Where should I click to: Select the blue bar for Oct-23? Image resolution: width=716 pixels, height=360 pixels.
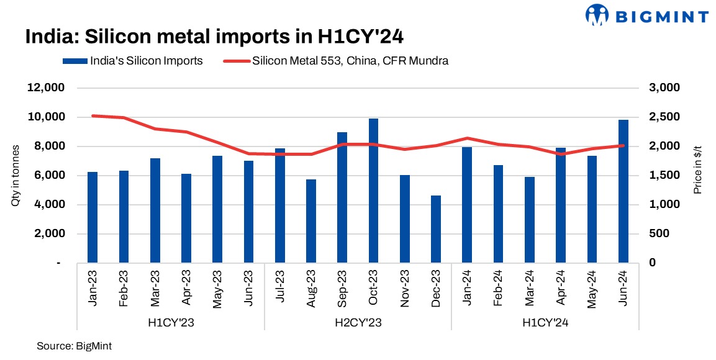tap(373, 191)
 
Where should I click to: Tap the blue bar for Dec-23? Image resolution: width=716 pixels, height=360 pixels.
tap(436, 229)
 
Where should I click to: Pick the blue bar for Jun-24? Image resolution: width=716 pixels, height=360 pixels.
tap(623, 191)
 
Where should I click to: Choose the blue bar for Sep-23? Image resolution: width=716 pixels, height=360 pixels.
tap(342, 197)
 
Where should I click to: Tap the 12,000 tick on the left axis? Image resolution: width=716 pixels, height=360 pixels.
tap(47, 88)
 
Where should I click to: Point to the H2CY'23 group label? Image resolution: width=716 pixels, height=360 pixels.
tap(358, 323)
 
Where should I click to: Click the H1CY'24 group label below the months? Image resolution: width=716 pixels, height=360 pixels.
tap(545, 323)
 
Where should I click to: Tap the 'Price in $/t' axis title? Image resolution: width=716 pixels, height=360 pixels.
tap(697, 176)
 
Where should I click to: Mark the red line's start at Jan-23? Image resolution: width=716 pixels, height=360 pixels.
tap(93, 115)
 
